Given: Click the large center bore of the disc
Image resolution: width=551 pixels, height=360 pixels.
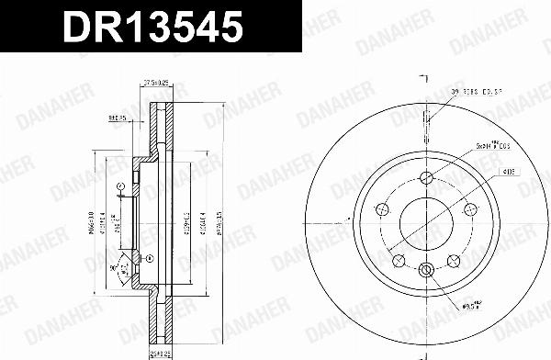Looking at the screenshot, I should [425, 221].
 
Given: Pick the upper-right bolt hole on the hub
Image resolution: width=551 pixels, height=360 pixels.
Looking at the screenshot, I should [467, 208].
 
